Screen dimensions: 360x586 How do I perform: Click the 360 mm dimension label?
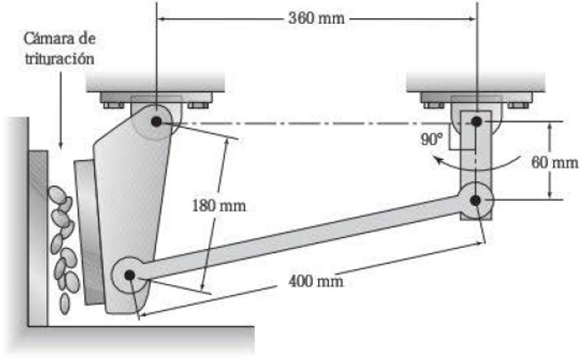pyautogui.click(x=316, y=17)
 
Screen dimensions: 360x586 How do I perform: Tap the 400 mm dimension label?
pyautogui.click(x=316, y=281)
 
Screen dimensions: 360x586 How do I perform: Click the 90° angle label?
pyautogui.click(x=430, y=139)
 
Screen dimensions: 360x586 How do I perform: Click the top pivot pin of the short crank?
pyautogui.click(x=477, y=122)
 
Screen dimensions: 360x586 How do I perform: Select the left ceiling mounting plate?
pyautogui.click(x=156, y=82)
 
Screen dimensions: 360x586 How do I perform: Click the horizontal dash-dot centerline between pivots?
pyautogui.click(x=313, y=123)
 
